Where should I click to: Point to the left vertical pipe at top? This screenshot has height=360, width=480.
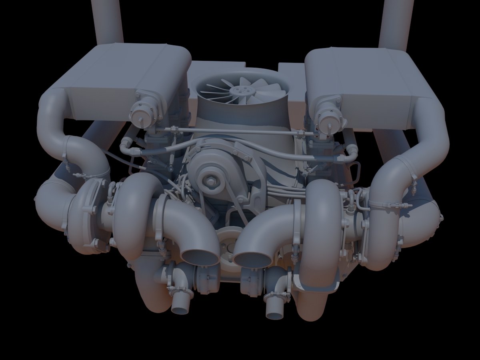[107, 20]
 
